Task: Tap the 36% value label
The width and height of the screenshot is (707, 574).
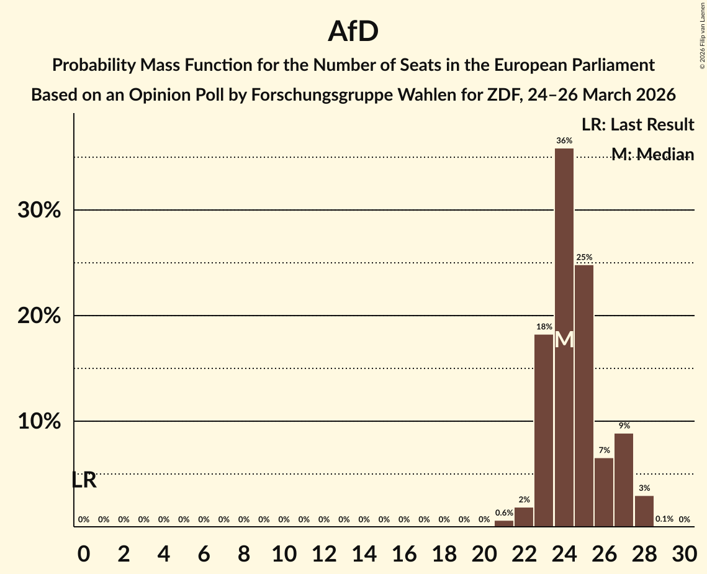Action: click(x=564, y=141)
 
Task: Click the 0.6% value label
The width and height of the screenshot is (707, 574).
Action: click(x=504, y=512)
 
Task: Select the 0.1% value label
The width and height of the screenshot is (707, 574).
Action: click(x=664, y=519)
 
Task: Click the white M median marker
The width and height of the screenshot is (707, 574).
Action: click(x=564, y=340)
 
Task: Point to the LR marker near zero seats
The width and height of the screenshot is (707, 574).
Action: click(x=84, y=480)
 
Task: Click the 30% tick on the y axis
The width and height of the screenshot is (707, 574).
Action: click(x=39, y=211)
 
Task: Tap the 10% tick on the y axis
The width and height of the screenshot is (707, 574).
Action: click(x=39, y=422)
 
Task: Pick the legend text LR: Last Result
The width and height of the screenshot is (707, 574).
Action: click(x=637, y=125)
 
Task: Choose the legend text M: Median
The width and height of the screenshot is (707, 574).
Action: click(x=652, y=154)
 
